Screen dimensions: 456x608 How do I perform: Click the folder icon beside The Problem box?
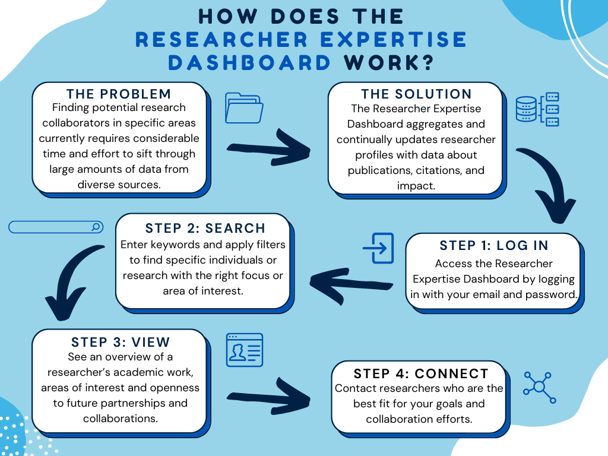(244, 108)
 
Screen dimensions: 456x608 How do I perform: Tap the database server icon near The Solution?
(537, 109)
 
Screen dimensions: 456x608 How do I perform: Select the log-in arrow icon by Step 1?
(378, 248)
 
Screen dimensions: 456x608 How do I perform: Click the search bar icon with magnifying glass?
(56, 227)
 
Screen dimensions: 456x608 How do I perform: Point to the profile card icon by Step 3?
(244, 350)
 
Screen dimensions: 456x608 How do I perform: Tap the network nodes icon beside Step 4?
(539, 387)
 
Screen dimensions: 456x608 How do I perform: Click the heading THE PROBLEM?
(119, 94)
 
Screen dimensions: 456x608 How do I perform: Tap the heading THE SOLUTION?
(416, 94)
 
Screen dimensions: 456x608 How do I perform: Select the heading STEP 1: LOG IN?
(494, 246)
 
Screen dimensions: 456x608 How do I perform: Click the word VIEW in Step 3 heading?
(151, 343)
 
